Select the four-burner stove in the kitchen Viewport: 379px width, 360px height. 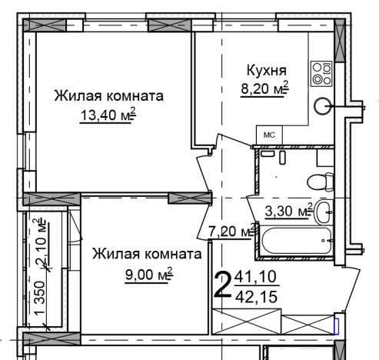pos(320,73)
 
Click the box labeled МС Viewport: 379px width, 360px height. pos(269,135)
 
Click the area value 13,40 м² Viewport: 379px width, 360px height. pos(108,115)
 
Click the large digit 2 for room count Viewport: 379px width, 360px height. pos(222,285)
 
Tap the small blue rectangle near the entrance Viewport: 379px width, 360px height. pos(335,325)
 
